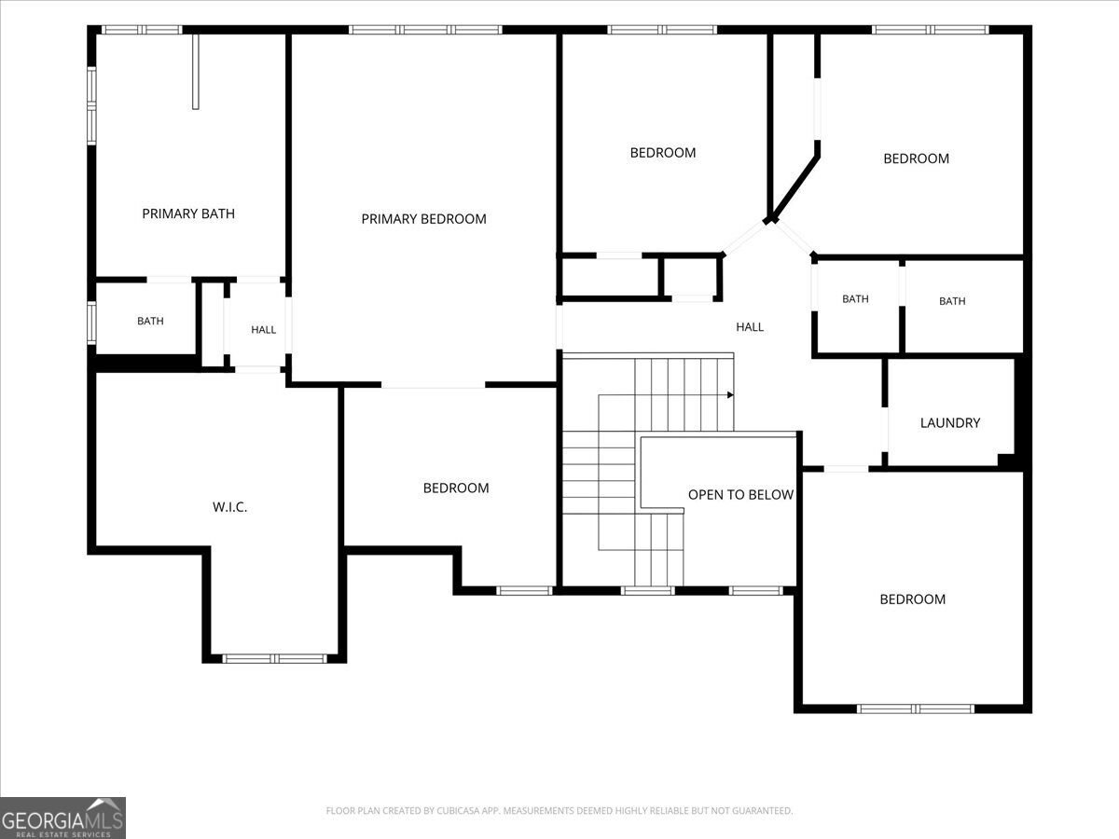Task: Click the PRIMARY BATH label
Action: pyautogui.click(x=188, y=213)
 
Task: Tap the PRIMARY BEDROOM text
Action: pyautogui.click(x=423, y=219)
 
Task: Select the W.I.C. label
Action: pyautogui.click(x=230, y=507)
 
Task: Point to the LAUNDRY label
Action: pyautogui.click(x=949, y=423)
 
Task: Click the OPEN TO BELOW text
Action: pyautogui.click(x=740, y=495)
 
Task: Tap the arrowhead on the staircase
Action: pyautogui.click(x=730, y=394)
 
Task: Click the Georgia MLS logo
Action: pyautogui.click(x=62, y=818)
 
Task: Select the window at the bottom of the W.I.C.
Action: pyautogui.click(x=274, y=659)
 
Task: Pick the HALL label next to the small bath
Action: pyautogui.click(x=264, y=330)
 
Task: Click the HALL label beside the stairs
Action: pyautogui.click(x=750, y=327)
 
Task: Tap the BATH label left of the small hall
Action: pyautogui.click(x=150, y=321)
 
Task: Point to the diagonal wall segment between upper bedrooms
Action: pyautogui.click(x=794, y=187)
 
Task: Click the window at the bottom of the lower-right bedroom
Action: pyautogui.click(x=916, y=708)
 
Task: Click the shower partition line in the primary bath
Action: pyautogui.click(x=195, y=72)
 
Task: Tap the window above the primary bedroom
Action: pyautogui.click(x=425, y=30)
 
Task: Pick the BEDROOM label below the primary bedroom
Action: pyautogui.click(x=456, y=488)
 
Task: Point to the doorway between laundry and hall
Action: pyautogui.click(x=885, y=430)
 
